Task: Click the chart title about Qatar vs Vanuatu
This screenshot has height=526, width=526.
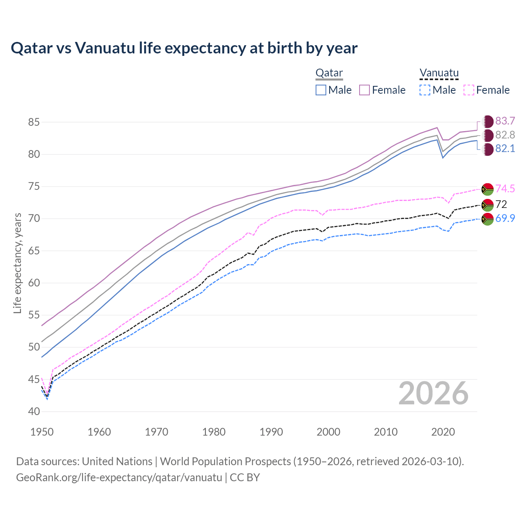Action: pyautogui.click(x=184, y=48)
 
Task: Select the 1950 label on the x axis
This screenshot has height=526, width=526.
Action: pyautogui.click(x=42, y=432)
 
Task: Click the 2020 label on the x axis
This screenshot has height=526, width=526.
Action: pyautogui.click(x=443, y=432)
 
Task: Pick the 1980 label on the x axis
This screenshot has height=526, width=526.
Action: pyautogui.click(x=214, y=432)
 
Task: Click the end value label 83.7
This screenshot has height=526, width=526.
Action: pyautogui.click(x=505, y=121)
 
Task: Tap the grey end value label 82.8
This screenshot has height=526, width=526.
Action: pyautogui.click(x=505, y=135)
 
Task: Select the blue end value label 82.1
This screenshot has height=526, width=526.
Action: pyautogui.click(x=505, y=149)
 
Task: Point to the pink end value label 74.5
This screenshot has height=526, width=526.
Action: pyautogui.click(x=505, y=189)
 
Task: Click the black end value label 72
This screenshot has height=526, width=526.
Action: pyautogui.click(x=501, y=204)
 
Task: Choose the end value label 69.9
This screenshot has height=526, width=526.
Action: pyautogui.click(x=505, y=219)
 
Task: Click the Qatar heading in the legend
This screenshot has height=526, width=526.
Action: pyautogui.click(x=329, y=73)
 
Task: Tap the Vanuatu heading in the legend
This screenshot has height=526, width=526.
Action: pyautogui.click(x=438, y=73)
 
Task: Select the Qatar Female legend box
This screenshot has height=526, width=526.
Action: pyautogui.click(x=365, y=90)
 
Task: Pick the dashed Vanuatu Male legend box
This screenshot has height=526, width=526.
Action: pyautogui.click(x=425, y=90)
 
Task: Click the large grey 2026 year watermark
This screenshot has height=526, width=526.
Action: pyautogui.click(x=433, y=393)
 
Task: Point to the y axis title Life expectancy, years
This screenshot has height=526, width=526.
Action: pyautogui.click(x=17, y=263)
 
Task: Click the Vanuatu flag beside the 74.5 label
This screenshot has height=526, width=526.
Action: pyautogui.click(x=487, y=189)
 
